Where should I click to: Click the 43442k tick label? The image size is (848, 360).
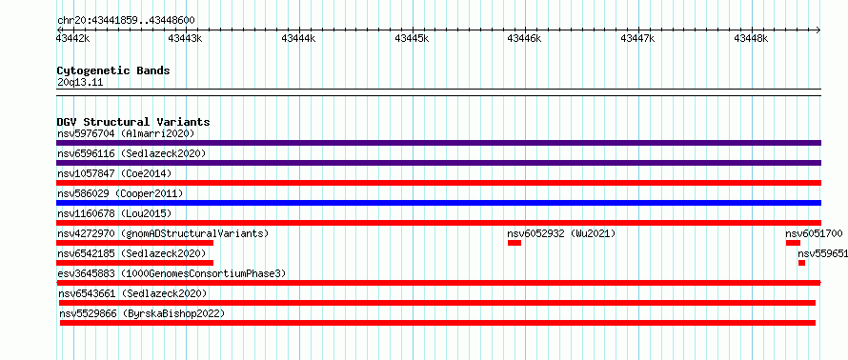73,38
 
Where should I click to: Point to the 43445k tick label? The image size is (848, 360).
413,38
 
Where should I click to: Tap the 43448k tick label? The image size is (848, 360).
751,38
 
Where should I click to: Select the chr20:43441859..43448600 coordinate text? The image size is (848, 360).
126,21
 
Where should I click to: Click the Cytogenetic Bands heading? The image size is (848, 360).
113,70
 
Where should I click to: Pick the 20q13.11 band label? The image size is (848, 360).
79,83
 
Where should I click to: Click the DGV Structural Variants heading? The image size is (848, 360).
133,122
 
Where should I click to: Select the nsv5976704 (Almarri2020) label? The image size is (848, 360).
126,133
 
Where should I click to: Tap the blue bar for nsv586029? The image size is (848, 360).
438,203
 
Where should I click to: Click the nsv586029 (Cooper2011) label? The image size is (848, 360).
120,193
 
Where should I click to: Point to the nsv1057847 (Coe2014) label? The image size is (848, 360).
114,173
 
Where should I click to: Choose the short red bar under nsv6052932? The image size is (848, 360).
515,243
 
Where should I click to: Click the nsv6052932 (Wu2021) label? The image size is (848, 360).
561,234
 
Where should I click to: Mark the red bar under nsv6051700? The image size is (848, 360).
793,243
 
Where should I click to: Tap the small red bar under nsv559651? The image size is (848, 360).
801,263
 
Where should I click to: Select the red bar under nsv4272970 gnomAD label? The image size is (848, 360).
134,243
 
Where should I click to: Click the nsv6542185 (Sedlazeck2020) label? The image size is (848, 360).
131,253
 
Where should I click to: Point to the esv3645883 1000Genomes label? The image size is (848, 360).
172,273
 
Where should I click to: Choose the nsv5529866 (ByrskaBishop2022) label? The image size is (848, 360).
142,313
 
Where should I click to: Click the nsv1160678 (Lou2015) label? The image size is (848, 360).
114,213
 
